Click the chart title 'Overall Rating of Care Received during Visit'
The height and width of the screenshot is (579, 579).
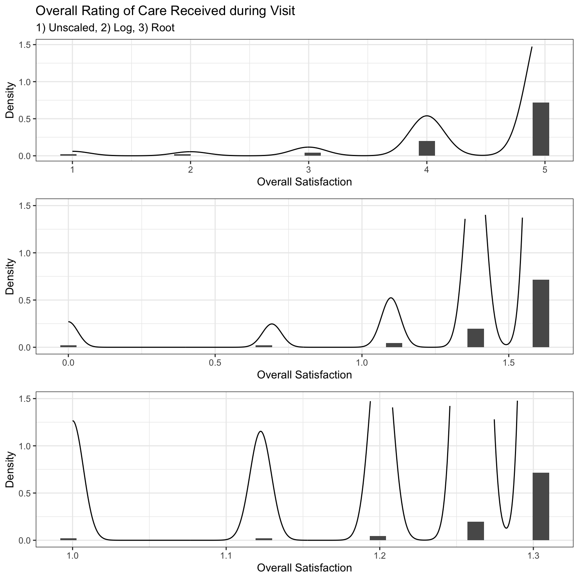click(165, 11)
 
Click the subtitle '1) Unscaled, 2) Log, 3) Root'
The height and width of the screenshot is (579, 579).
click(105, 28)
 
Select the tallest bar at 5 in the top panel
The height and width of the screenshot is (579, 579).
click(541, 129)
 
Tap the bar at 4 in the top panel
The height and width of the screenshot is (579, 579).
click(427, 148)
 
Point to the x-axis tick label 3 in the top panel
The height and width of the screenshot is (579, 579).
click(308, 170)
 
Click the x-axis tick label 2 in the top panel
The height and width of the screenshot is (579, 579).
click(190, 170)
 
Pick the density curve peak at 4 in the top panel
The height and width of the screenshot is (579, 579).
click(427, 116)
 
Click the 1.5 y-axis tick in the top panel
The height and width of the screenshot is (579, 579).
click(25, 44)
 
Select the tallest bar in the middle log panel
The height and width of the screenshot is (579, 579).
click(541, 313)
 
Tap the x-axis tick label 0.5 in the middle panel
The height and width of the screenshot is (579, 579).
click(215, 363)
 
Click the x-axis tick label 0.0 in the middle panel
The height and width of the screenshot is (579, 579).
click(68, 363)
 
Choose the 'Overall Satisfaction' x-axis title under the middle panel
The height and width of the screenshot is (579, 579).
click(304, 375)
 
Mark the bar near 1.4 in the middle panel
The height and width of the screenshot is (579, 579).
click(476, 338)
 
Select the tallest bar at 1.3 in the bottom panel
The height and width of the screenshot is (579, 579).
click(541, 506)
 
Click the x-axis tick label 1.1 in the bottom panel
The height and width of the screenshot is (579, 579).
click(225, 556)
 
